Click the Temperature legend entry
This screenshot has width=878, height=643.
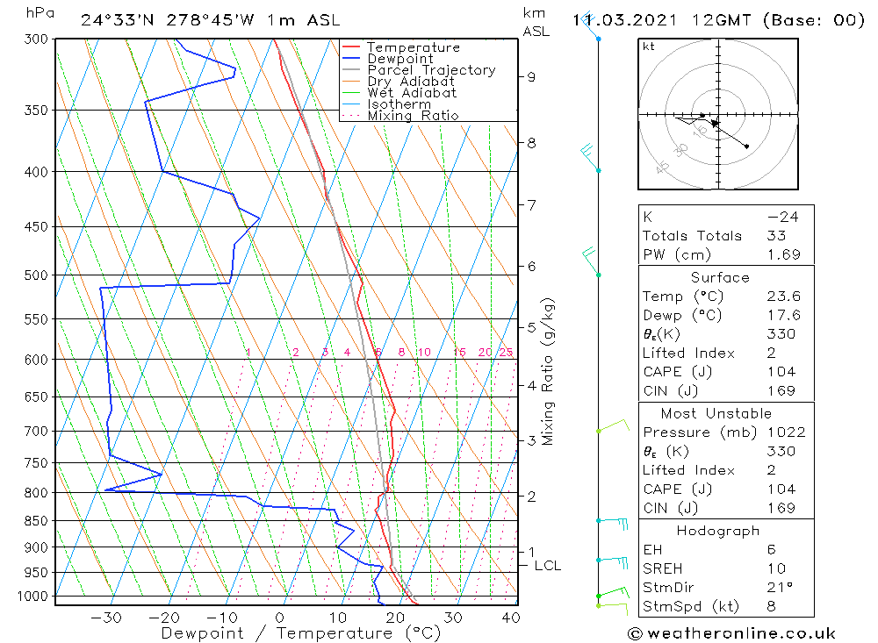point(413,47)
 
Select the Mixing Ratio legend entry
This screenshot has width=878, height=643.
point(413,115)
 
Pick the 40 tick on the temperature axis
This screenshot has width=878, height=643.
point(509,618)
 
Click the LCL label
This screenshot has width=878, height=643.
point(547,566)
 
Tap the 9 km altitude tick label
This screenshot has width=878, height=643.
point(532,76)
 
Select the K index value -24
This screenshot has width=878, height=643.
point(776,217)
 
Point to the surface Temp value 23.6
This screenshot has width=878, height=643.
point(783,296)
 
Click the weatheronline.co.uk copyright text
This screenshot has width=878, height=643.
point(731,633)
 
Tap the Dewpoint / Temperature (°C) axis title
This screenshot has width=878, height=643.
point(300,633)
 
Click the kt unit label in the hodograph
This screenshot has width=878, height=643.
point(648,46)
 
